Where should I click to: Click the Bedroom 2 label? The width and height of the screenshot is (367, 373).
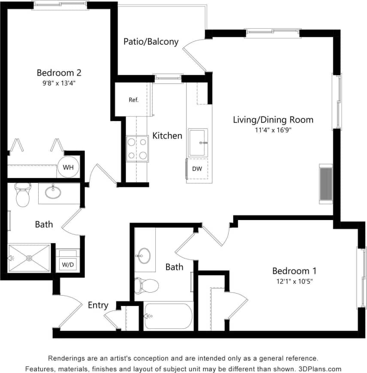click(x=59, y=73)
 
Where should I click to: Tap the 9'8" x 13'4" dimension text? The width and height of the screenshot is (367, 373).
click(x=59, y=83)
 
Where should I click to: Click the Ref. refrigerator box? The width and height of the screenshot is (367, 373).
click(x=133, y=100)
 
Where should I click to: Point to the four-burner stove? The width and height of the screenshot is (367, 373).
click(x=137, y=149)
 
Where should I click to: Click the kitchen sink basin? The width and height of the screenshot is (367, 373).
click(x=198, y=142)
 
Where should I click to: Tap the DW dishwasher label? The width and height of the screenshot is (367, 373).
click(x=197, y=169)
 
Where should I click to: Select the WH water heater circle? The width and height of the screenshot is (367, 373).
click(x=68, y=168)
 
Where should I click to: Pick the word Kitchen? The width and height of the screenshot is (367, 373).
click(x=167, y=136)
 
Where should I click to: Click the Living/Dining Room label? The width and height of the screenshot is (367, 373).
click(x=273, y=119)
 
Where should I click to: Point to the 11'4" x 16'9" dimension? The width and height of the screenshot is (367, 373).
click(x=273, y=129)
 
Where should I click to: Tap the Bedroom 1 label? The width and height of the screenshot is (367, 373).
click(x=294, y=271)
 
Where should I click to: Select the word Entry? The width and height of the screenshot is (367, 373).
click(x=98, y=305)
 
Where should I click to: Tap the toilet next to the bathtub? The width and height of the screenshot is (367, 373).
click(x=146, y=284)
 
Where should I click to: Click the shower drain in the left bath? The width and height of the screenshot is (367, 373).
click(x=29, y=258)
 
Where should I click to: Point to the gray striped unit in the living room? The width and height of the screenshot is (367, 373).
click(x=326, y=183)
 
